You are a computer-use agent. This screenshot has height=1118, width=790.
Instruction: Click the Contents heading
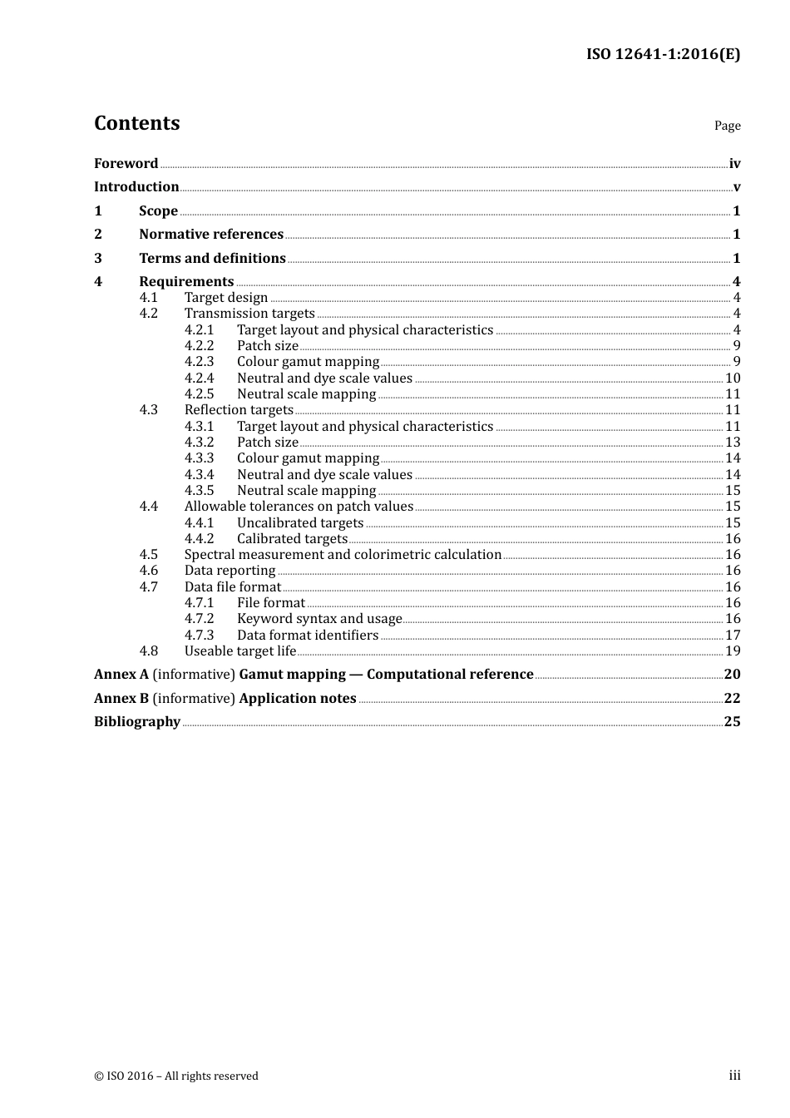136,123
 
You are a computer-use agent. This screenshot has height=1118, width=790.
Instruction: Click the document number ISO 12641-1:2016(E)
663,54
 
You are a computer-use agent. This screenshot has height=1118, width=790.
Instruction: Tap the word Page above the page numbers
727,126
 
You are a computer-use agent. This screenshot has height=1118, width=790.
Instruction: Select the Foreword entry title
126,164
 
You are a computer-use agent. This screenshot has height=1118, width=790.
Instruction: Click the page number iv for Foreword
734,164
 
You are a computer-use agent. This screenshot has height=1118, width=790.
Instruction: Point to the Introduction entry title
136,187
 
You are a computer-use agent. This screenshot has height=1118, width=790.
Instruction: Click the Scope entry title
158,211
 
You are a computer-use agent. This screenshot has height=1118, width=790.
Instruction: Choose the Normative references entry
211,235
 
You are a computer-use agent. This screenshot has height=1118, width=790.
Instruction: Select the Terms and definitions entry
212,259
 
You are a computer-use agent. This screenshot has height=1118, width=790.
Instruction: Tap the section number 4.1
148,298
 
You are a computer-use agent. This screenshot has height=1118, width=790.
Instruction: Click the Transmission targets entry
249,314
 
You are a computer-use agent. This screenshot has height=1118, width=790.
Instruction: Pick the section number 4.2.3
199,362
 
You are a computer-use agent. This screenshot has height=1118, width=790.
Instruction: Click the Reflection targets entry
239,410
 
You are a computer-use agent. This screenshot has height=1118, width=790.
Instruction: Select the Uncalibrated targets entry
300,523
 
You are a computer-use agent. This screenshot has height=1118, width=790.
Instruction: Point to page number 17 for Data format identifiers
733,636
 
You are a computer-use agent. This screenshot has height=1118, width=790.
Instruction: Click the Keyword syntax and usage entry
319,619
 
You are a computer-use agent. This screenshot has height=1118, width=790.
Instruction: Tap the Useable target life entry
240,651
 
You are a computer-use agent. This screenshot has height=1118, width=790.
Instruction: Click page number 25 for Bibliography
732,722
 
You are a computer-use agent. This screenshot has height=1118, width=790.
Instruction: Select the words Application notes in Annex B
298,699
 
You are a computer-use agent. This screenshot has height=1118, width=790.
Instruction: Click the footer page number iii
734,1076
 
